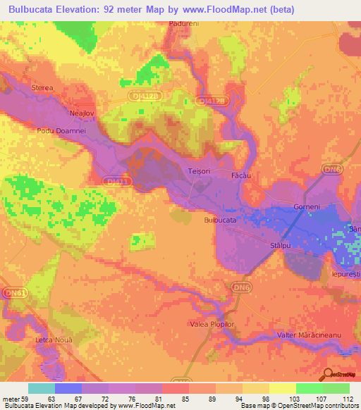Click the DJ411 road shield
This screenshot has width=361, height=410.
coord(116,181)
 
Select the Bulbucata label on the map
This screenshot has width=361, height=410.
coord(219,220)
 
